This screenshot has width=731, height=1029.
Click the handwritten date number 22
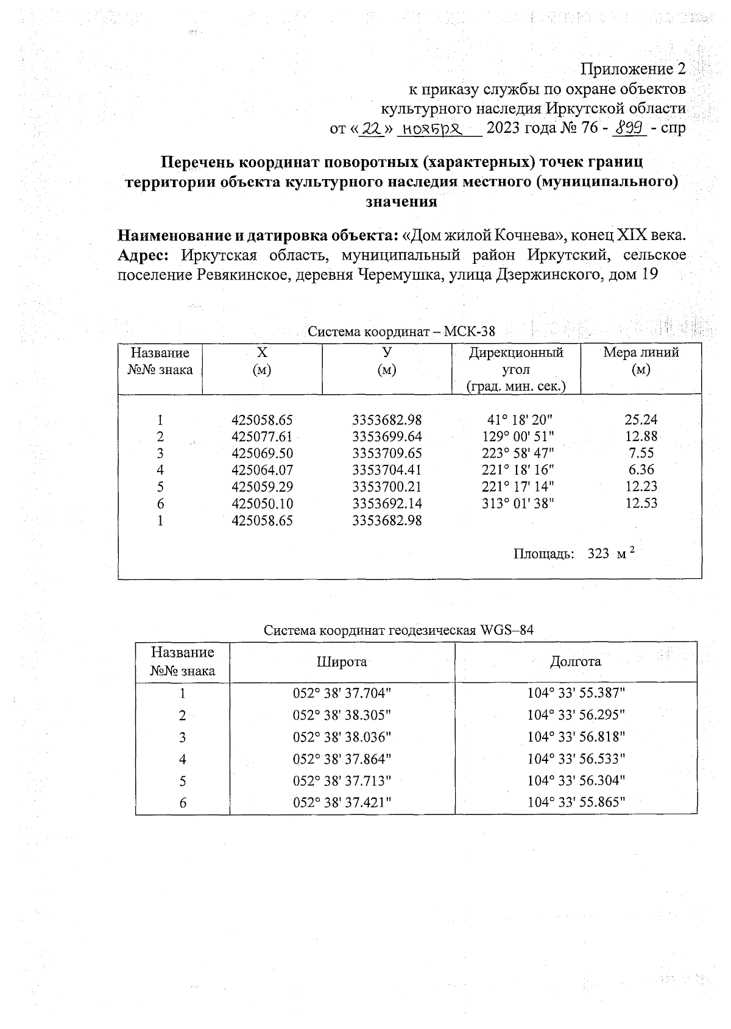click(x=370, y=129)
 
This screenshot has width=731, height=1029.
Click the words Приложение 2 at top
click(x=634, y=68)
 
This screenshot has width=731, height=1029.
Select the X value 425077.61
click(x=262, y=437)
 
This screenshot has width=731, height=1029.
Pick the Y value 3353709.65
click(x=387, y=453)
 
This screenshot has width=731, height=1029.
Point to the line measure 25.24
click(x=641, y=420)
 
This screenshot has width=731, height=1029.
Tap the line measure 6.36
click(x=641, y=470)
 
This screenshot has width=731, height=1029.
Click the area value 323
click(x=598, y=554)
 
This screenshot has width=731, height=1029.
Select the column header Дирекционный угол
click(x=516, y=361)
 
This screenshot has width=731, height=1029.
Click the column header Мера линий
click(x=641, y=353)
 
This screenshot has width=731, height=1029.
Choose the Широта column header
click(x=342, y=662)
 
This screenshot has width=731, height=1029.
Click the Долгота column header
click(x=576, y=662)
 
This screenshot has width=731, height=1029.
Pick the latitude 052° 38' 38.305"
click(x=342, y=715)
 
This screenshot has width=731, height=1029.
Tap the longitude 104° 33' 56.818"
click(x=576, y=737)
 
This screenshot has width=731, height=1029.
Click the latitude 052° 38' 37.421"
click(x=342, y=802)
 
